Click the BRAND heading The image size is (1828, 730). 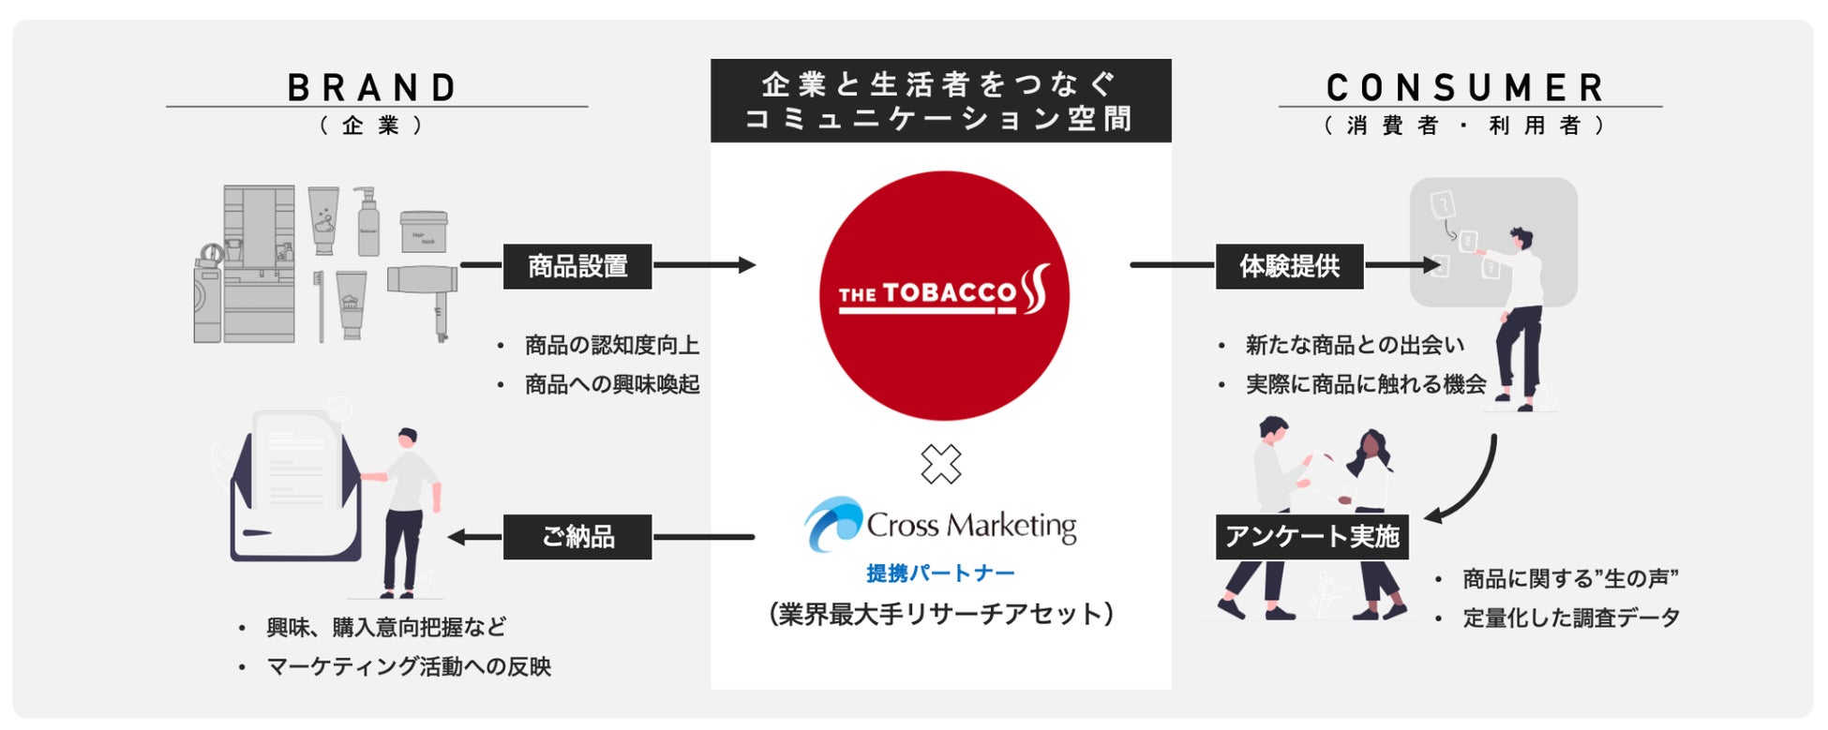[373, 88]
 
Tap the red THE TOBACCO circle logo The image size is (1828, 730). [943, 295]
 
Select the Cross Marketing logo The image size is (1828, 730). [940, 525]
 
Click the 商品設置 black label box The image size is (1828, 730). [577, 266]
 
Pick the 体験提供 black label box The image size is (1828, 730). [1289, 266]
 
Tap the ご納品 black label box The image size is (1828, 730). [577, 537]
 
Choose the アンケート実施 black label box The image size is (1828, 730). [1311, 537]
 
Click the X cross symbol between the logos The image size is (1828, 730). [940, 464]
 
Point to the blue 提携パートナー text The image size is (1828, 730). [940, 574]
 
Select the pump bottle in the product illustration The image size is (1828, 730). [367, 221]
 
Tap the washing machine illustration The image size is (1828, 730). [207, 295]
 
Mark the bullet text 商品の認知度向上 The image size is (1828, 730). [611, 346]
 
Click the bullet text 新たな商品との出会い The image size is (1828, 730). [1355, 346]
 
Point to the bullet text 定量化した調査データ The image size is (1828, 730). [1570, 618]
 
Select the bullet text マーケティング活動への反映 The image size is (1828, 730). [409, 666]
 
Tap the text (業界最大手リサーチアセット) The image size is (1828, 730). [940, 614]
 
